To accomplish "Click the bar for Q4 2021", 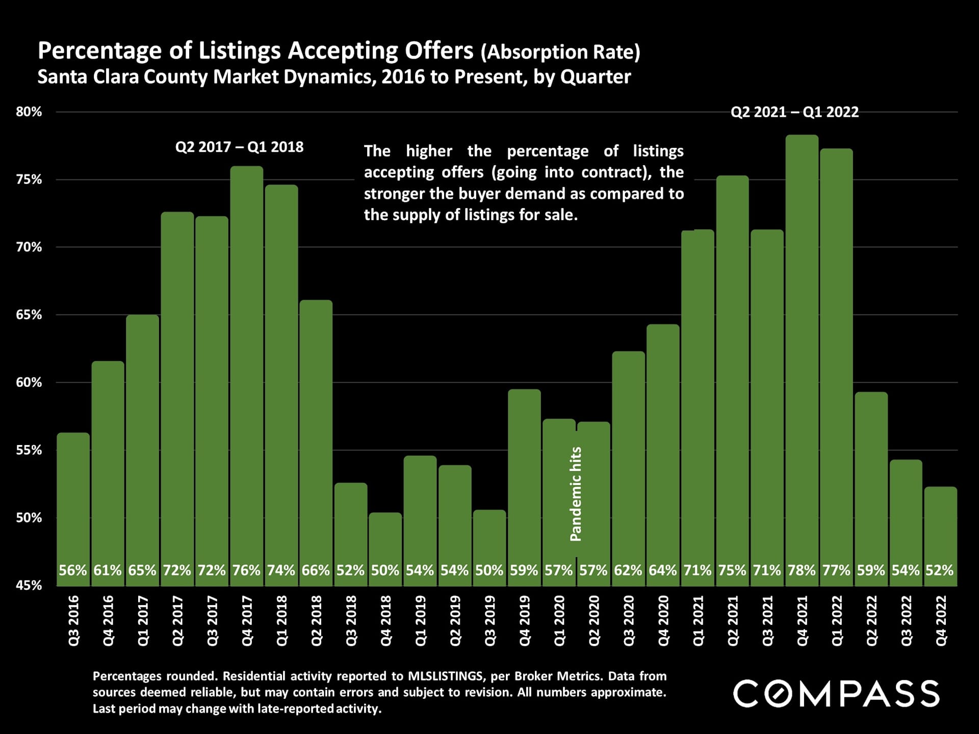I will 802,357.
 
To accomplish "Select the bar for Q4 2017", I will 247,372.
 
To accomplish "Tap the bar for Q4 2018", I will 385,545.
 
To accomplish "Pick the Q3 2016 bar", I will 73,505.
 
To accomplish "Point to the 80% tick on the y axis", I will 29,112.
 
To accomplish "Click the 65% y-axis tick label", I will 29,315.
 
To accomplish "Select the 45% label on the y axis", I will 29,586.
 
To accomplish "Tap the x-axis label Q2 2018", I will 316,620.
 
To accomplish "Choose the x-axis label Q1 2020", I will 559,620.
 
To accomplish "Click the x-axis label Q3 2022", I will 906,620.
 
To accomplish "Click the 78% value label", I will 802,570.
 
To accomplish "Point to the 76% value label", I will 247,570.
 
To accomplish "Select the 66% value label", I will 316,570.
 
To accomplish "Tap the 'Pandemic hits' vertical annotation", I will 576,494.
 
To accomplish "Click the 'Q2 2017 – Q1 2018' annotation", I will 239,147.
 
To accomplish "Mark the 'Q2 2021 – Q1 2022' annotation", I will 794,112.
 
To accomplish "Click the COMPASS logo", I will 836,694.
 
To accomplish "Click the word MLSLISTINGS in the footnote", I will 445,676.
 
